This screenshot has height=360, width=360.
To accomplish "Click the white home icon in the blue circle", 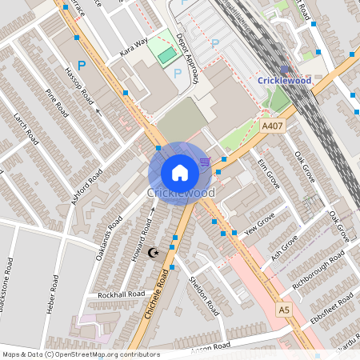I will (180, 173).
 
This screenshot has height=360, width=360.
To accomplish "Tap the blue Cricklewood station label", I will (284, 80).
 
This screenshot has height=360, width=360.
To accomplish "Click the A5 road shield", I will (283, 309).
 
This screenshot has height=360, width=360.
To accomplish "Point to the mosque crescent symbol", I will (155, 253).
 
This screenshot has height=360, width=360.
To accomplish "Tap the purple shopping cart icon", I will (206, 162).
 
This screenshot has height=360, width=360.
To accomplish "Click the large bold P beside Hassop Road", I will (80, 65).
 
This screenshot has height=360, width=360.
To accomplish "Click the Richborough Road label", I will (318, 269).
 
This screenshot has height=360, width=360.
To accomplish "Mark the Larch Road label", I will (26, 128).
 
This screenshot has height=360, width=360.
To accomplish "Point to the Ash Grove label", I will (284, 247).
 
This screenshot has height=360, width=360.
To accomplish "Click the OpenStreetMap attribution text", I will (80, 354).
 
